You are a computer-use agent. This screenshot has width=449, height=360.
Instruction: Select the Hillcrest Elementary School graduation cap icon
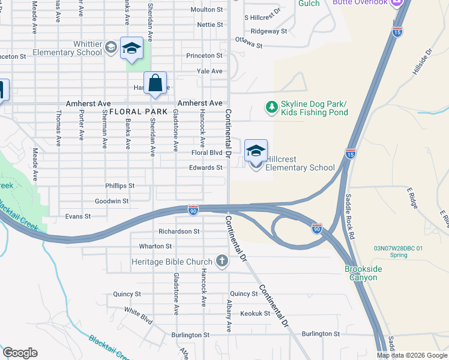pos(256,151)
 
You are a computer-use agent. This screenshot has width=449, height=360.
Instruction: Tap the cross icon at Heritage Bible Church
pos(221,261)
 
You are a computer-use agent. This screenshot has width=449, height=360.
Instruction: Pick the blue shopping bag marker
pos(155,83)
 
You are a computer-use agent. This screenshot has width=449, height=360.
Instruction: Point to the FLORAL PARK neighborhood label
pos(137,112)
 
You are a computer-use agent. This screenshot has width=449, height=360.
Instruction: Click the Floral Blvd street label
pos(206,153)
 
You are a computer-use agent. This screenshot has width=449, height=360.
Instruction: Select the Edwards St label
pos(206,167)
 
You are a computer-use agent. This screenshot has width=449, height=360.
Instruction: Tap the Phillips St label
pos(120,186)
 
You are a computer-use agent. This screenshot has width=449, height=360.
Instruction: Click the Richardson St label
pos(179,231)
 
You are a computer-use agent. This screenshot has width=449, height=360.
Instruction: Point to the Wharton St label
pos(155,246)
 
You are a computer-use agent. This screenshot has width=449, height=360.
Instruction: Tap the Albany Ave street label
pos(229,316)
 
